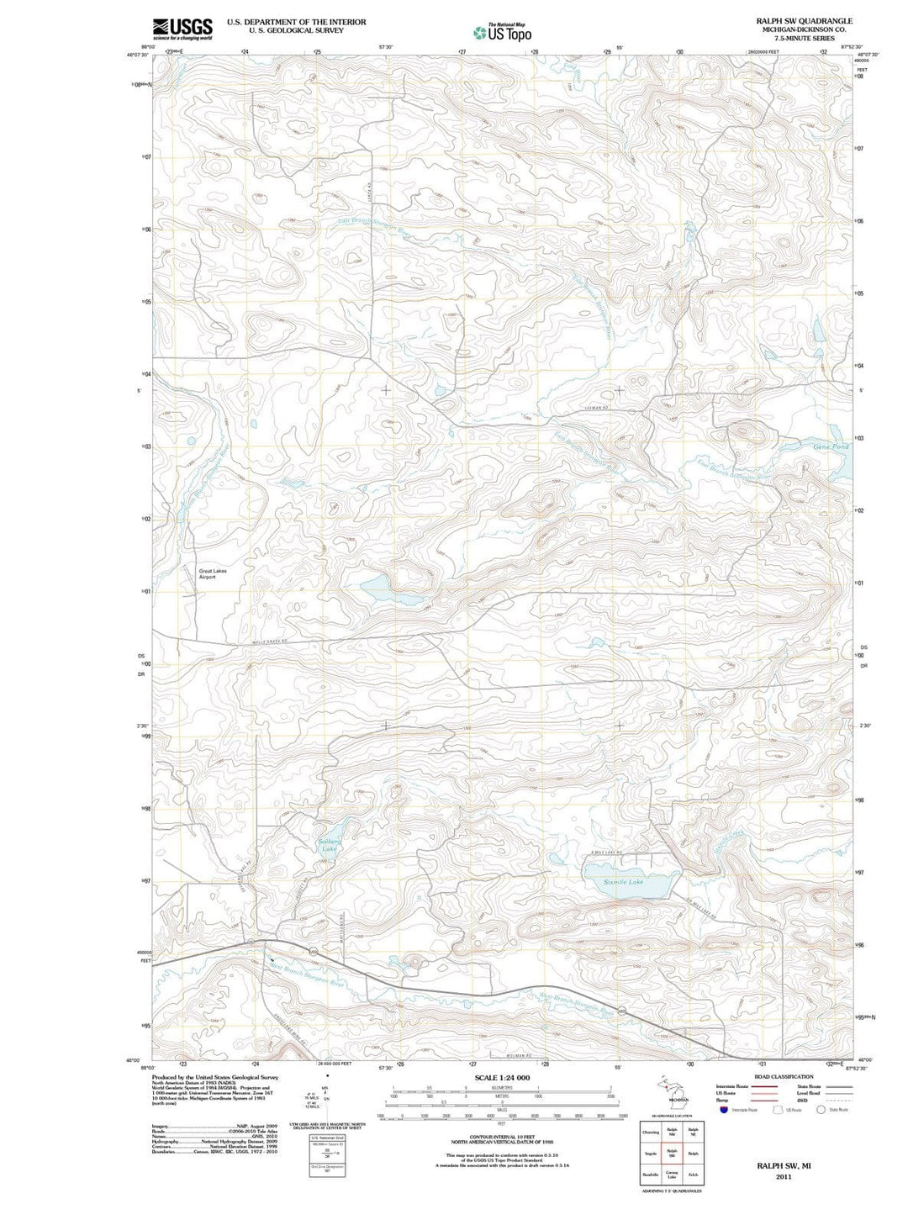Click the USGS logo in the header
pos(182,29)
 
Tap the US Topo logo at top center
pos(502,33)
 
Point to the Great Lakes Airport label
pos(213,574)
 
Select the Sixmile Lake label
pos(623,882)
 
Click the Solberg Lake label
pos(330,845)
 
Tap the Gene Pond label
pos(831,446)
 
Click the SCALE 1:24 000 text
pos(502,1078)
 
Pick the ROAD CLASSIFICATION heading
pos(784,1077)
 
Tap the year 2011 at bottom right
pos(784,1177)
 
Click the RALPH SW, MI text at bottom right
pos(784,1166)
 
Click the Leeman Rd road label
pos(595,409)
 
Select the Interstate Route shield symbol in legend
pos(723,1110)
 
